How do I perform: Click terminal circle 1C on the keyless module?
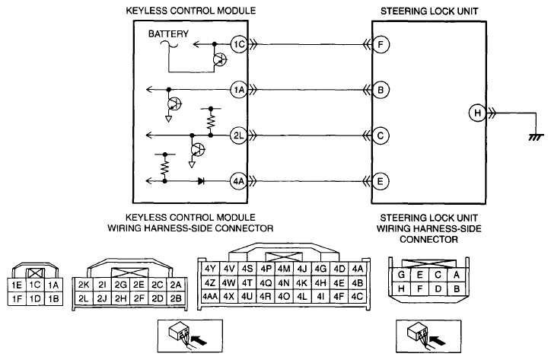239,45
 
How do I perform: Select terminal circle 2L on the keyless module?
239,135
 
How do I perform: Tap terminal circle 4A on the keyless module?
239,181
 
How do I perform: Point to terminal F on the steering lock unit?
381,45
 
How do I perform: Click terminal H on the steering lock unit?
477,113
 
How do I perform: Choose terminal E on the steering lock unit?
381,181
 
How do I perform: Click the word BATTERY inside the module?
168,33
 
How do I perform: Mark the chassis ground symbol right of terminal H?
537,138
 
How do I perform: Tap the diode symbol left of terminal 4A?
202,181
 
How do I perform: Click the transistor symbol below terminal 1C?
220,60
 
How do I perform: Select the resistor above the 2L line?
211,121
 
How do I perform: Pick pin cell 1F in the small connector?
17,298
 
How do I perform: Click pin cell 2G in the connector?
120,285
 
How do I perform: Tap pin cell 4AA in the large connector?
210,296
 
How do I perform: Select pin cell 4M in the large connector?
284,269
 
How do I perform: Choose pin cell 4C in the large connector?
357,296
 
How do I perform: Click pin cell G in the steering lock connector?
401,274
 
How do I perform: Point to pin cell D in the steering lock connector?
438,289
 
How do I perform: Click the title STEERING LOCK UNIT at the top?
429,11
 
